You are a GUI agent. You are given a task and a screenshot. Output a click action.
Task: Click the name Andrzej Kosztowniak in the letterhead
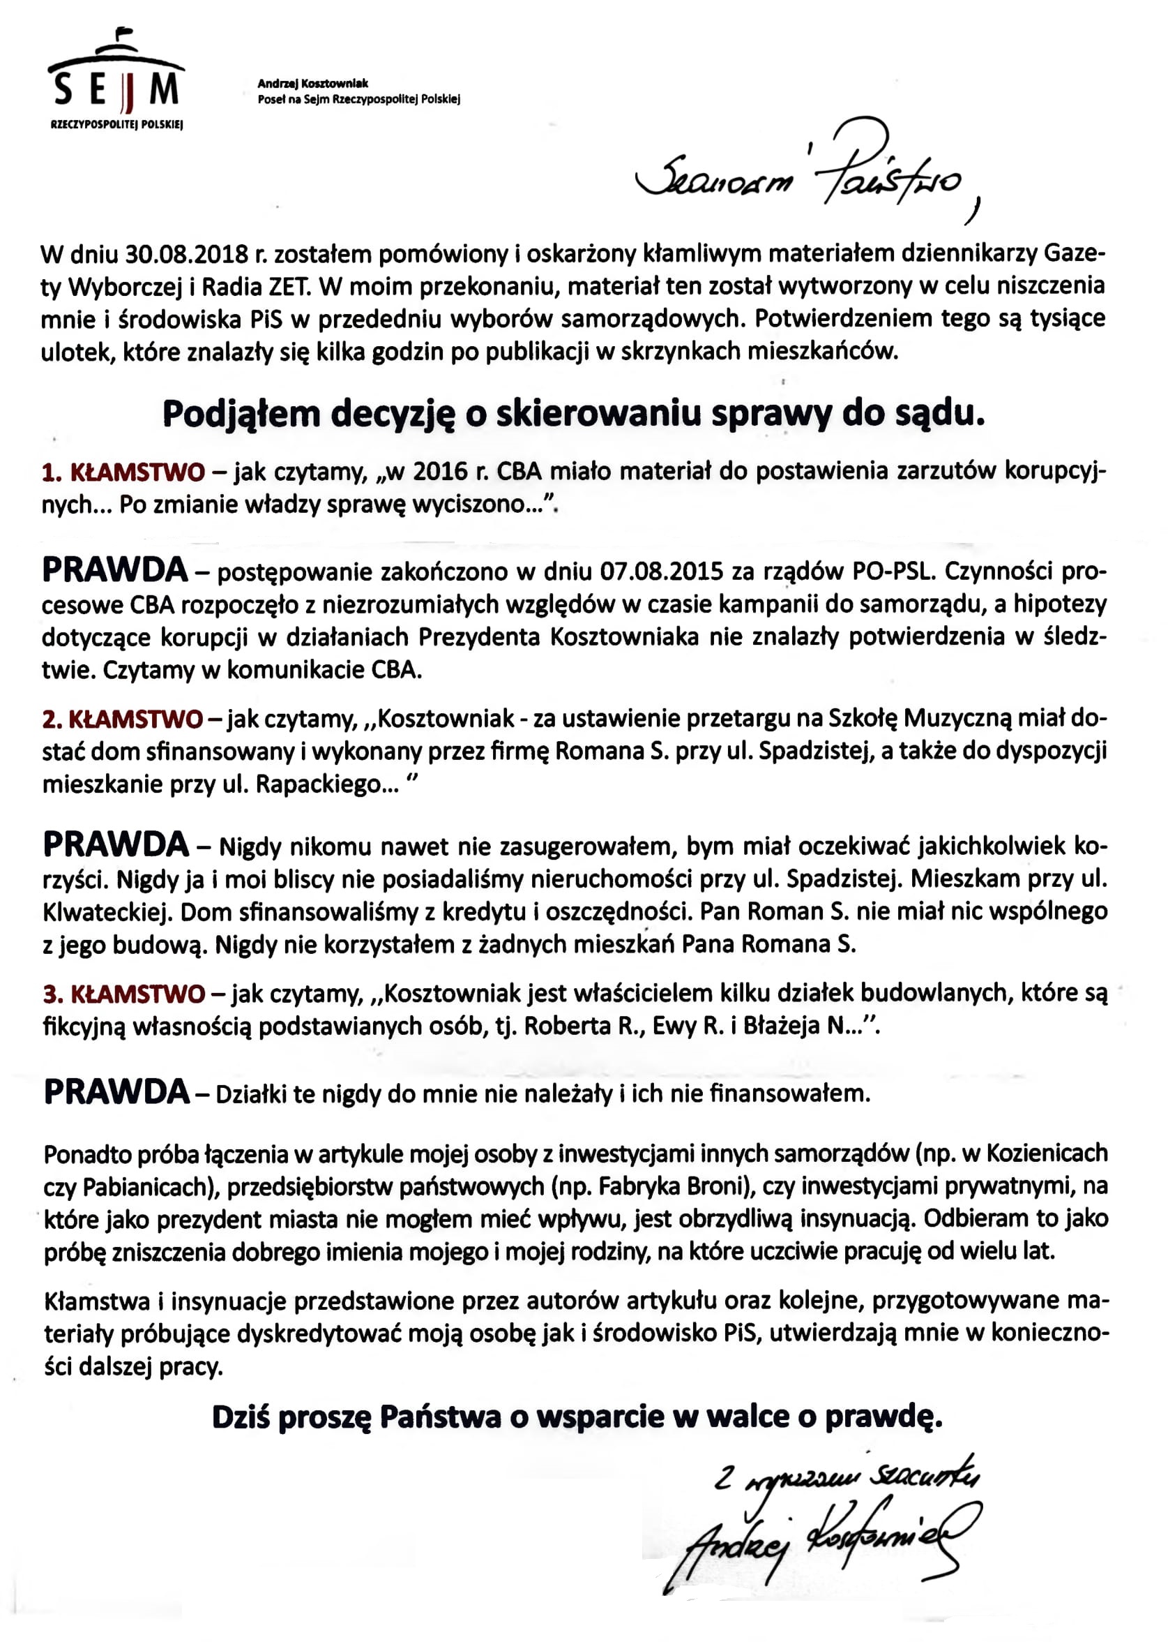(x=313, y=84)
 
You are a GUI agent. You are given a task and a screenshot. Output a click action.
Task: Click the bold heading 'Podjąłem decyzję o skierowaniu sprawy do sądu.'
(x=573, y=415)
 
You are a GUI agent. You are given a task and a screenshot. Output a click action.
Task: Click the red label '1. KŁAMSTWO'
(x=123, y=472)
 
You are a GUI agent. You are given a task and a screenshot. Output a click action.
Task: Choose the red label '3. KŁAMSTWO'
(x=123, y=994)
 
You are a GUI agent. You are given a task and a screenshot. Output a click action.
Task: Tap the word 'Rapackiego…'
(x=327, y=784)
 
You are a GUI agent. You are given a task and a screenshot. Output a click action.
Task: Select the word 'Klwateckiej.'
(x=105, y=911)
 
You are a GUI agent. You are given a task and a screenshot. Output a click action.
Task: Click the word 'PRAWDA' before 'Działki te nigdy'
(x=116, y=1091)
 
